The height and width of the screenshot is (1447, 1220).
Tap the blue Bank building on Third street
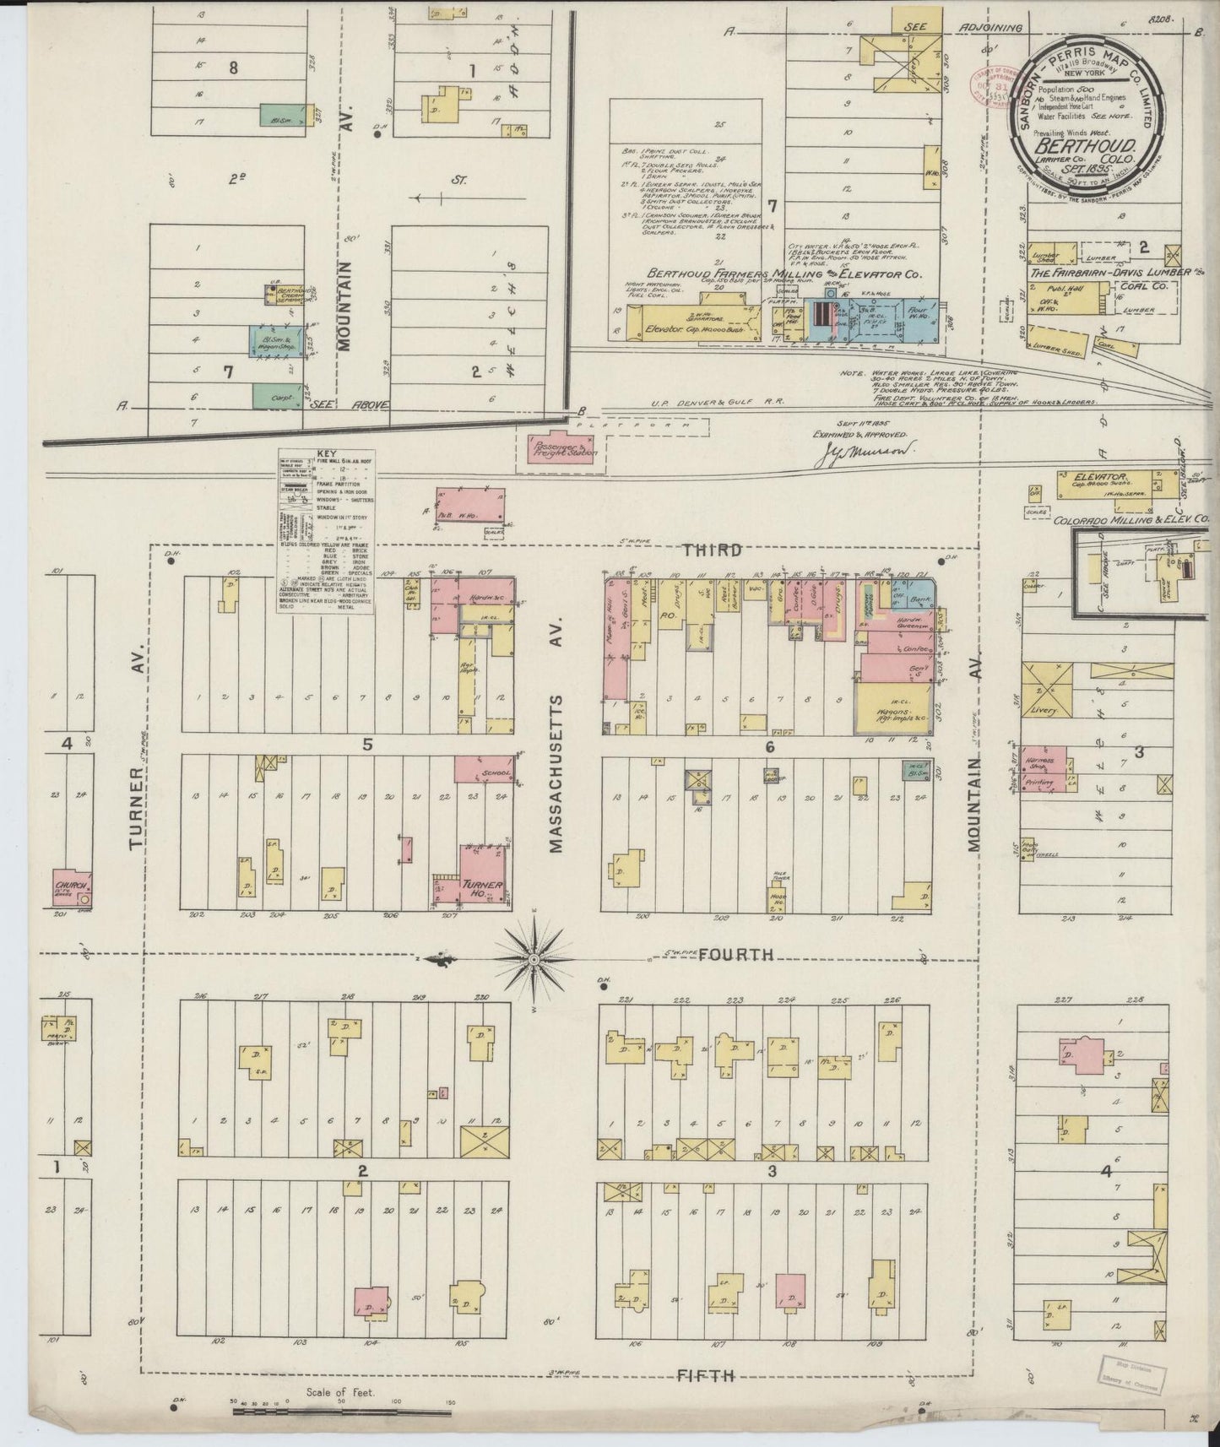tap(921, 593)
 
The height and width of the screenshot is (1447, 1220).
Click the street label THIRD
tap(713, 550)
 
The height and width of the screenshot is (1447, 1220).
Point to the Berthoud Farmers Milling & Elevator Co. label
tap(784, 274)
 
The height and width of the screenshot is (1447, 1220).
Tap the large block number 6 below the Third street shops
tap(769, 746)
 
